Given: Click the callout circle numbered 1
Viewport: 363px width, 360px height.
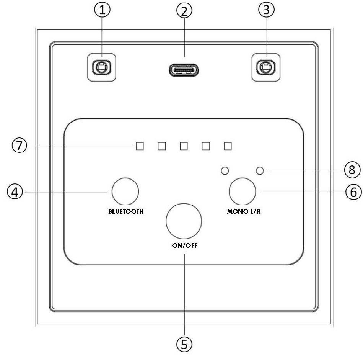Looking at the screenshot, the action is (102, 10).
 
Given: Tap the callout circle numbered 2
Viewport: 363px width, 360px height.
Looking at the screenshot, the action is (184, 11).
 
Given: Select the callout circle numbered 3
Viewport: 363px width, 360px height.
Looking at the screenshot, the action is (267, 10).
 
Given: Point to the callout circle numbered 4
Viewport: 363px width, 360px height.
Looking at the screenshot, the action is (15, 192).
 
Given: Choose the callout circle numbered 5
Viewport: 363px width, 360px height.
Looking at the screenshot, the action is (184, 344).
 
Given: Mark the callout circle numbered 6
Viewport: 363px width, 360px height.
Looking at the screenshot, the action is (353, 192).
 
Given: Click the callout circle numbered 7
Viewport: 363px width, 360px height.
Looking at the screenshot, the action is (20, 146).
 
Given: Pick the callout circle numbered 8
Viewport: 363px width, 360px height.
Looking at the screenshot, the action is (352, 170).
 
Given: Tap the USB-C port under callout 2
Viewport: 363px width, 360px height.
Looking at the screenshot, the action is (184, 70).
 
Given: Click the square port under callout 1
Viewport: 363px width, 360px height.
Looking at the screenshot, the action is (102, 67).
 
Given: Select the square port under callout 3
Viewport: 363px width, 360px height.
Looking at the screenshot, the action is (266, 67).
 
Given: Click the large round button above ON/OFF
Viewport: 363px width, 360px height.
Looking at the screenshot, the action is (184, 221).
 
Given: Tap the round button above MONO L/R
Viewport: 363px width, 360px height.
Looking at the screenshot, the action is (243, 191).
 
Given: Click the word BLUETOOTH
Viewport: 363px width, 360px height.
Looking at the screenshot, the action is (126, 211).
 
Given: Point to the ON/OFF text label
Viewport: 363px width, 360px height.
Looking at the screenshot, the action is (185, 245).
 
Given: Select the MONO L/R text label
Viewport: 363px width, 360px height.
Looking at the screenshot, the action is (244, 211).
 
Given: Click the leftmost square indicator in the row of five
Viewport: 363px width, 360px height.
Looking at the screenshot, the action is (140, 146).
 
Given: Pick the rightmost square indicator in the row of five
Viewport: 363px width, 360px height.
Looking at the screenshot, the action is (228, 146).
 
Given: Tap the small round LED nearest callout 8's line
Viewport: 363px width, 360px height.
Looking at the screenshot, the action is (260, 171).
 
